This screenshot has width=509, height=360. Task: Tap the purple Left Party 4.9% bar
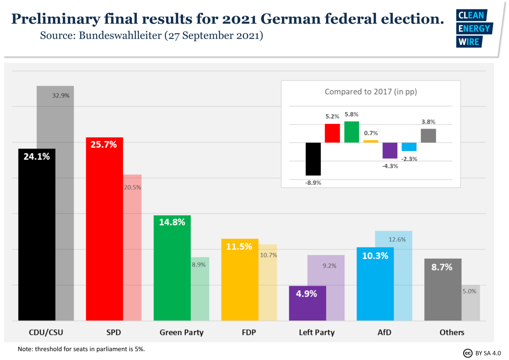pos(308,303)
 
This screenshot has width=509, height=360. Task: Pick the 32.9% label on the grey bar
pos(61,96)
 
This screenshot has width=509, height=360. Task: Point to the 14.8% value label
pos(172,222)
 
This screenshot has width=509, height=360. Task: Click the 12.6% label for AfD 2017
pos(397,239)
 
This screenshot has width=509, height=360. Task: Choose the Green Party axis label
pos(182,332)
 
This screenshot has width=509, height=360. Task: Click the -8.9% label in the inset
pos(313,183)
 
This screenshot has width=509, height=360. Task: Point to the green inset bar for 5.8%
pos(352,132)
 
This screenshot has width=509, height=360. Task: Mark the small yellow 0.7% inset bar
pos(371,141)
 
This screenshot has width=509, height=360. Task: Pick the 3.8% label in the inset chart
pos(428,122)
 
